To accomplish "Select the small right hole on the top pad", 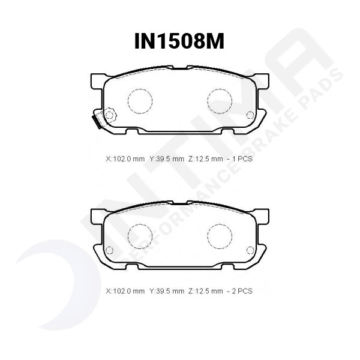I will (x=250, y=115).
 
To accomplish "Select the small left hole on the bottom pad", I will (x=109, y=250).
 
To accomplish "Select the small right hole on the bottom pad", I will (x=250, y=250).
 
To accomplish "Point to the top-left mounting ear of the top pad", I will (x=97, y=80).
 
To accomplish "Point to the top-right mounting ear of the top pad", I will (x=262, y=80).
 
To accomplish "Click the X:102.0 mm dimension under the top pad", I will (x=125, y=159).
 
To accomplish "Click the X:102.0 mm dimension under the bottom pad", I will (x=125, y=291).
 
